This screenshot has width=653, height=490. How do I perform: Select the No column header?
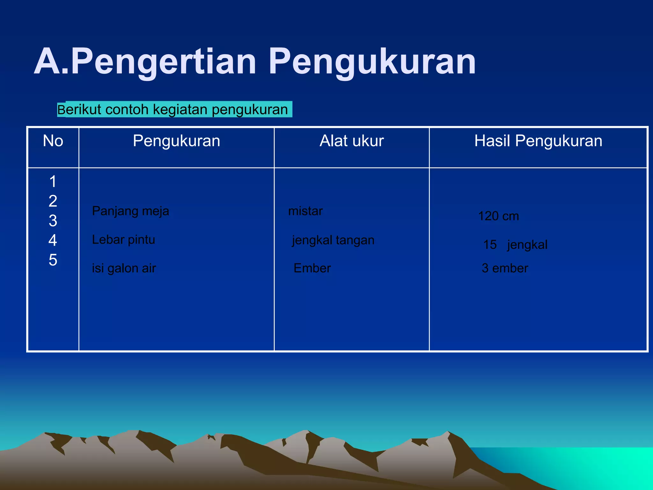[53, 141]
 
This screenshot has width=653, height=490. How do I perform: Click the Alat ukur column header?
[351, 141]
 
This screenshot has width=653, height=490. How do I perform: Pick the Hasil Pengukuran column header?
[538, 141]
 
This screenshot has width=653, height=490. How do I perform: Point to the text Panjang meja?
[130, 211]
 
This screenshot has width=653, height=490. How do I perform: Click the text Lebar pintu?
[123, 240]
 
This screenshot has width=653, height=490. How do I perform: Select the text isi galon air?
[124, 268]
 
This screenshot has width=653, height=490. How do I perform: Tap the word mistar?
[305, 211]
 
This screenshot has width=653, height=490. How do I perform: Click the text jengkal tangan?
[333, 240]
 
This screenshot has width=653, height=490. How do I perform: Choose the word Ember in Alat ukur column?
[312, 268]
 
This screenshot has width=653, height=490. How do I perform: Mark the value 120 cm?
[498, 216]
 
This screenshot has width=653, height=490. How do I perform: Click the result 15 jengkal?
[515, 245]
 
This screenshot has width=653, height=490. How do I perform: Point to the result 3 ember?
[505, 268]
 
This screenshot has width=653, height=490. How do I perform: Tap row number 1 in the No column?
[53, 182]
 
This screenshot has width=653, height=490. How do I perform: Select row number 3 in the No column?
[53, 221]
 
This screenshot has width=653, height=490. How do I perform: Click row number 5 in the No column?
[53, 260]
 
